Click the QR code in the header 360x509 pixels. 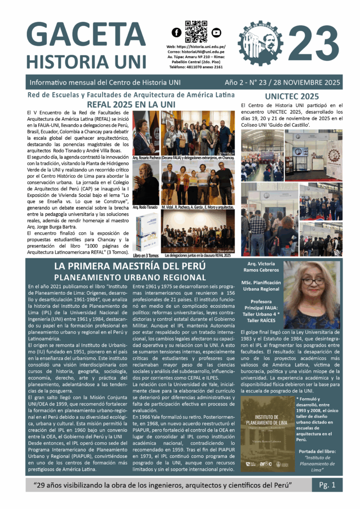pos(196,32)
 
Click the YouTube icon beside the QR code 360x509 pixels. pos(216,33)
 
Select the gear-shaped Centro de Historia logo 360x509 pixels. pos(261,43)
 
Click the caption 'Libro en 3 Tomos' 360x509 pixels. pos(146,255)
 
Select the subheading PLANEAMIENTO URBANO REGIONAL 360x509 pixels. pos(130,277)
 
